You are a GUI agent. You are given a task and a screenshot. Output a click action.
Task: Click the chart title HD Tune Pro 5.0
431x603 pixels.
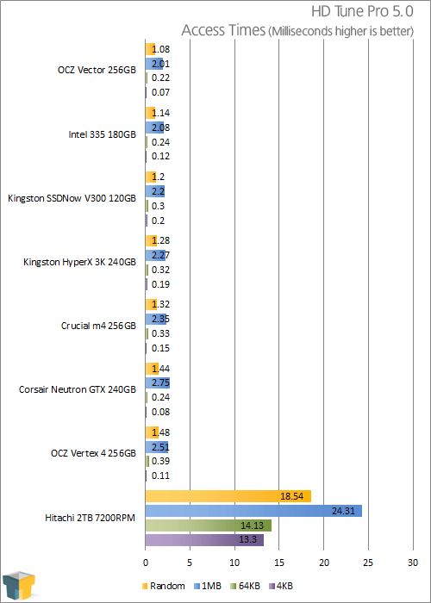362,11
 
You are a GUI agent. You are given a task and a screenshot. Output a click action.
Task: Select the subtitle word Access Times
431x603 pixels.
223,30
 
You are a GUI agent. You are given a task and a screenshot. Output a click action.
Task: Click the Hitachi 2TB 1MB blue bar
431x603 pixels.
253,511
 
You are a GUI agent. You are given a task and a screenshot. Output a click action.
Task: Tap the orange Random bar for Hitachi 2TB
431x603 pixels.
228,496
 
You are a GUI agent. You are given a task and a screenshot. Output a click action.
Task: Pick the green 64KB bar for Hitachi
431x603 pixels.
209,525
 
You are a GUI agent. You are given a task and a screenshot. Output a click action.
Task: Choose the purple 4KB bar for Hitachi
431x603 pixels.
205,540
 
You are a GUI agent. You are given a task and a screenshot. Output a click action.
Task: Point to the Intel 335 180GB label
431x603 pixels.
102,134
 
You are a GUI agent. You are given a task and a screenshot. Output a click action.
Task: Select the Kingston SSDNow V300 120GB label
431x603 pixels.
72,198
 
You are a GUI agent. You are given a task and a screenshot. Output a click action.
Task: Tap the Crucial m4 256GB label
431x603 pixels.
98,326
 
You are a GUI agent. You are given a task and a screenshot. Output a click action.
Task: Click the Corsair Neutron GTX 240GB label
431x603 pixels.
78,389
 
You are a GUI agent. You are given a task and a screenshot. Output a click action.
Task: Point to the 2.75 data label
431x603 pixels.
161,383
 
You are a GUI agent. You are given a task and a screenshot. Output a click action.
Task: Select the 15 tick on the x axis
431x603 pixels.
279,563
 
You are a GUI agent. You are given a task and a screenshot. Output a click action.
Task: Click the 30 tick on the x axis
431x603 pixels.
413,563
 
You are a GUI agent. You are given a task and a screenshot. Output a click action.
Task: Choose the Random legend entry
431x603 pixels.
164,586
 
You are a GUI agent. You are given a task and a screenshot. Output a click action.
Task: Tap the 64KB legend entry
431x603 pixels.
245,586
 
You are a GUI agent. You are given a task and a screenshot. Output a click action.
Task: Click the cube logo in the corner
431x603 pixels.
18,585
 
